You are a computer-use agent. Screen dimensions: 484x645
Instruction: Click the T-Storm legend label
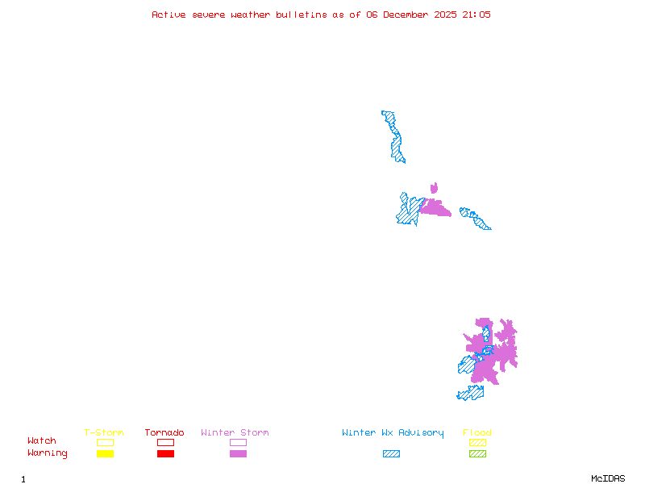point(104,433)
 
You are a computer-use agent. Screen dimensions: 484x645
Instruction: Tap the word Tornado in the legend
point(164,433)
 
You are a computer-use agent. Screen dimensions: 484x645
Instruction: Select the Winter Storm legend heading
point(235,433)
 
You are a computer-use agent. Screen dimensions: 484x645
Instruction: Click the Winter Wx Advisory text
point(393,433)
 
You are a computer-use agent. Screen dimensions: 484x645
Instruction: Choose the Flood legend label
point(477,433)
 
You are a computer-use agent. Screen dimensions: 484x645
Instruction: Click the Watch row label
point(42,441)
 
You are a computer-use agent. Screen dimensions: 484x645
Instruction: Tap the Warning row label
point(47,453)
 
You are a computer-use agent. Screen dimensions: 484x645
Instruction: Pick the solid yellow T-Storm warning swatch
point(105,453)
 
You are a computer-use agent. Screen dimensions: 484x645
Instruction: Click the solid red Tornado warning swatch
point(165,453)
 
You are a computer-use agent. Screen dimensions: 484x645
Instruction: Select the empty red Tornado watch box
point(165,442)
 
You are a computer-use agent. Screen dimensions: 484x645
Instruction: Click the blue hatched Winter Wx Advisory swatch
point(391,453)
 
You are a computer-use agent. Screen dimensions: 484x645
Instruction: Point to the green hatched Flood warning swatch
point(477,453)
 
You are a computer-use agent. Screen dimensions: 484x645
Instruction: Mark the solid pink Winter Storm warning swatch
point(238,453)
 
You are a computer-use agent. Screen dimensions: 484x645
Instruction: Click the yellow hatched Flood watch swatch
point(477,442)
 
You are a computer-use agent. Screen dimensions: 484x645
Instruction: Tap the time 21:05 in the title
point(475,15)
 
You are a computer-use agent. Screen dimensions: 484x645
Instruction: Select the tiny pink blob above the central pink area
point(434,189)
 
